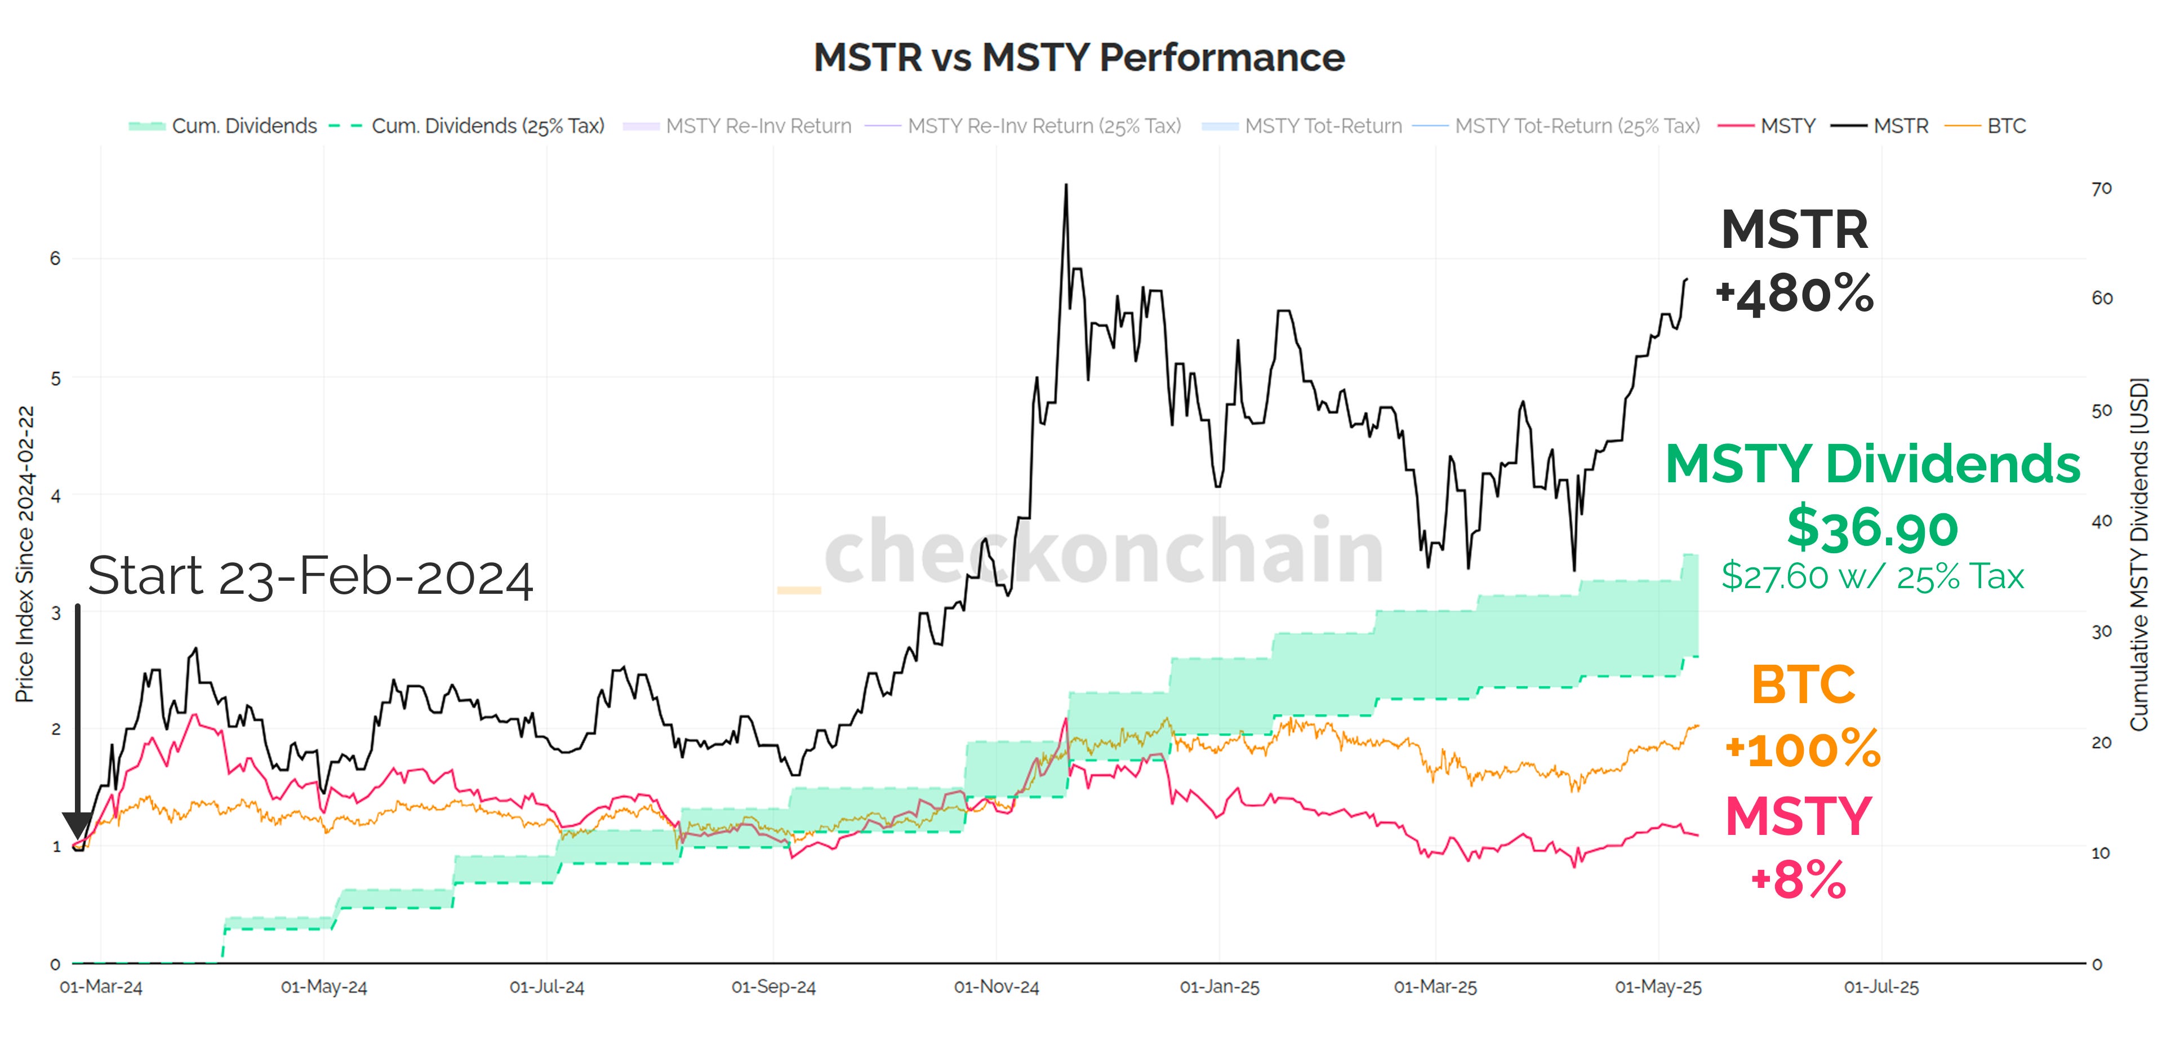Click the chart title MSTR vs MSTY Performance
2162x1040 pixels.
coord(1079,57)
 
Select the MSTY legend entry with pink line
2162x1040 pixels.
coord(1787,126)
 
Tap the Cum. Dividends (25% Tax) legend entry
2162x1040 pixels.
coord(487,126)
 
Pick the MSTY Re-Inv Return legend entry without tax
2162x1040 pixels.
coord(758,126)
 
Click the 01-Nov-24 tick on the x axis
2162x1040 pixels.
coord(997,987)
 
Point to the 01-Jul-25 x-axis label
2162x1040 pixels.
coord(1881,987)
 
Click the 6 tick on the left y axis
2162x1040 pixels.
coord(55,259)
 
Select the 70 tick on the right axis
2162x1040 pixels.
coord(2101,189)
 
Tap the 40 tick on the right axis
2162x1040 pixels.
coord(2101,521)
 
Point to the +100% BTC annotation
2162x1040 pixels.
coord(1802,749)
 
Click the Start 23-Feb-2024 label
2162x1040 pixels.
coord(310,577)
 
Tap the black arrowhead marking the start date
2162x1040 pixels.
coord(77,824)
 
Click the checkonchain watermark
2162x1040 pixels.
coord(1103,552)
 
